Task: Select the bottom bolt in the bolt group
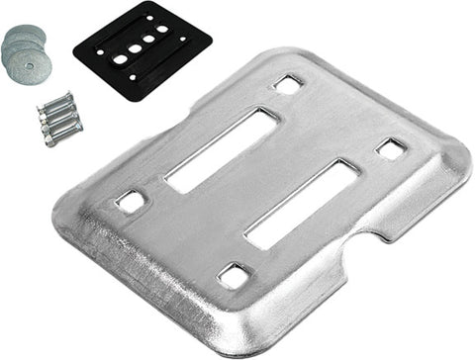click(61, 132)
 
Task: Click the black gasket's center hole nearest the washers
click(121, 59)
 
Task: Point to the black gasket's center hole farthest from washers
click(162, 30)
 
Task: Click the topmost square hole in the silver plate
click(288, 85)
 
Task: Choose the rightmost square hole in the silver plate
click(391, 149)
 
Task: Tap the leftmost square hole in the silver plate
click(130, 202)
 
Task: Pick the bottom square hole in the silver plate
click(234, 275)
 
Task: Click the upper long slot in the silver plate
click(220, 149)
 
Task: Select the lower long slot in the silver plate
click(302, 204)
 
